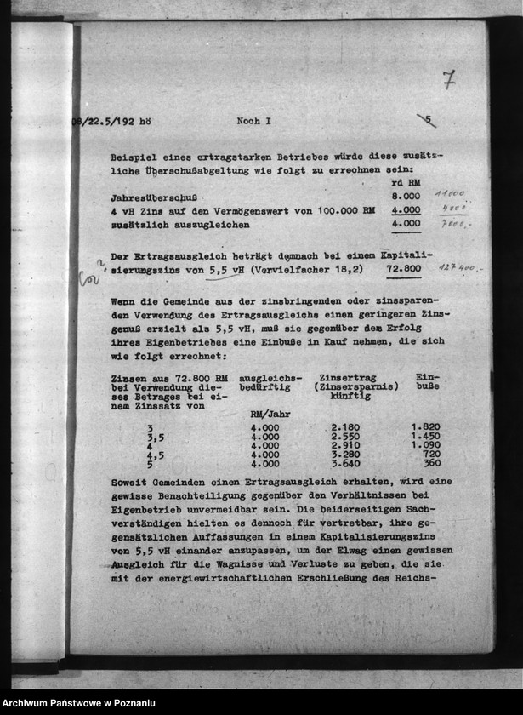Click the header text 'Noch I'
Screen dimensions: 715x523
(253, 121)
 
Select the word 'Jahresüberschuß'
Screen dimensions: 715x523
(148, 197)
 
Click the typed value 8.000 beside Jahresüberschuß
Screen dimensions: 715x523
(406, 196)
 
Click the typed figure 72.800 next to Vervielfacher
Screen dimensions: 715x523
(404, 268)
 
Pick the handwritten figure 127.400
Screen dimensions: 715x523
(461, 267)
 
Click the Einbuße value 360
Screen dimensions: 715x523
(431, 464)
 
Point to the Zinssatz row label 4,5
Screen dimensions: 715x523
(156, 455)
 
